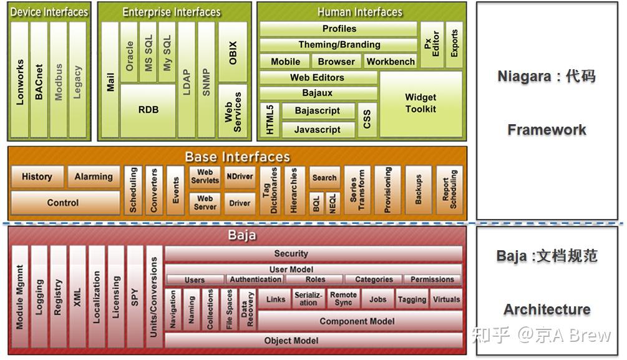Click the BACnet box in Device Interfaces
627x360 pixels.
click(39, 80)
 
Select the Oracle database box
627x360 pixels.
click(129, 52)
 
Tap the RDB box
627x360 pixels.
click(148, 110)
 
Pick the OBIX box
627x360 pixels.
click(233, 52)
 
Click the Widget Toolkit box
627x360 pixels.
click(420, 104)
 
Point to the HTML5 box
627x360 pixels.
click(270, 120)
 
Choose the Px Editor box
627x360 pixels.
click(432, 45)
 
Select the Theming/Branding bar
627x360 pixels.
click(339, 44)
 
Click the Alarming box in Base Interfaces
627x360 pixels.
click(94, 177)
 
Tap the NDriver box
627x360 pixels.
click(240, 177)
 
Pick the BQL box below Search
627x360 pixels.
click(316, 203)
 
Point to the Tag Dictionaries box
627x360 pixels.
click(270, 190)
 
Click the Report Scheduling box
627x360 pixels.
click(449, 190)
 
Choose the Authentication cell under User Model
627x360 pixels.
click(255, 279)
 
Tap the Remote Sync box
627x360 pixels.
click(343, 299)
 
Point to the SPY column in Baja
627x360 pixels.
click(135, 297)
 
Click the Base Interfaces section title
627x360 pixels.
click(238, 157)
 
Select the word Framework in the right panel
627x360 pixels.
click(547, 130)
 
